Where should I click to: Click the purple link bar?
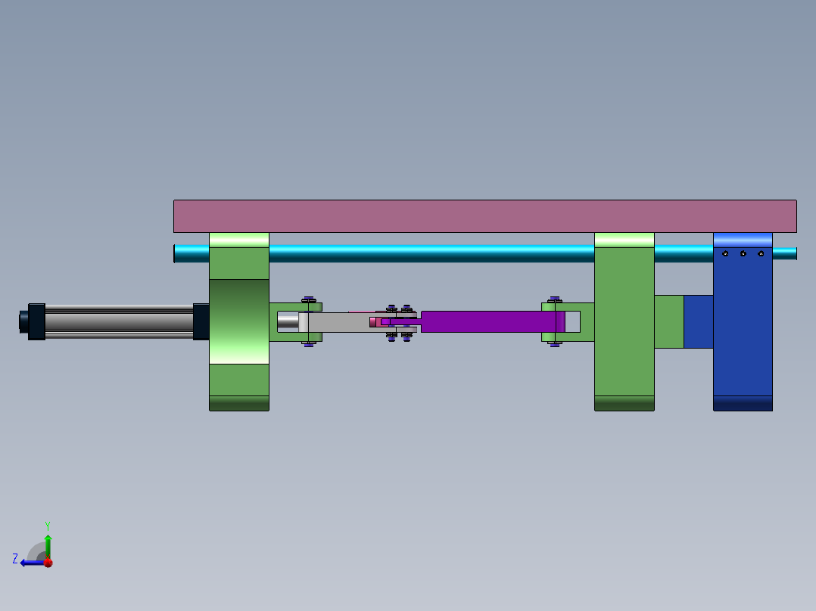coord(492,321)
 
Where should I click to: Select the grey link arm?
coord(341,322)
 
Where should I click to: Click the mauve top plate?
coord(484,216)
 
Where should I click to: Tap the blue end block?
coord(743,333)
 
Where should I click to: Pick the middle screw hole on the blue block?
coord(743,254)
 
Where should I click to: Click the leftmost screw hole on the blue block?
coord(725,254)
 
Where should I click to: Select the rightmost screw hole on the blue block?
coord(761,254)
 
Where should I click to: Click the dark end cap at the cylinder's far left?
coord(35,321)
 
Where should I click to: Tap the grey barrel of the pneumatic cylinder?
coord(117,321)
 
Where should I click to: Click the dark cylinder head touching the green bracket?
coord(201,321)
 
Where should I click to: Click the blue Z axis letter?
coord(15,559)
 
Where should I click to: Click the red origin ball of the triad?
coord(48,562)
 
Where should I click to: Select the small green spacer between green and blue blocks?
coord(668,321)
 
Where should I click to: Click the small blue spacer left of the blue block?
coord(698,321)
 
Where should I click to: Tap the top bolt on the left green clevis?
coord(308,299)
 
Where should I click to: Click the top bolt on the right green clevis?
coord(555,300)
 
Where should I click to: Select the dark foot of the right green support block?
coord(624,403)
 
